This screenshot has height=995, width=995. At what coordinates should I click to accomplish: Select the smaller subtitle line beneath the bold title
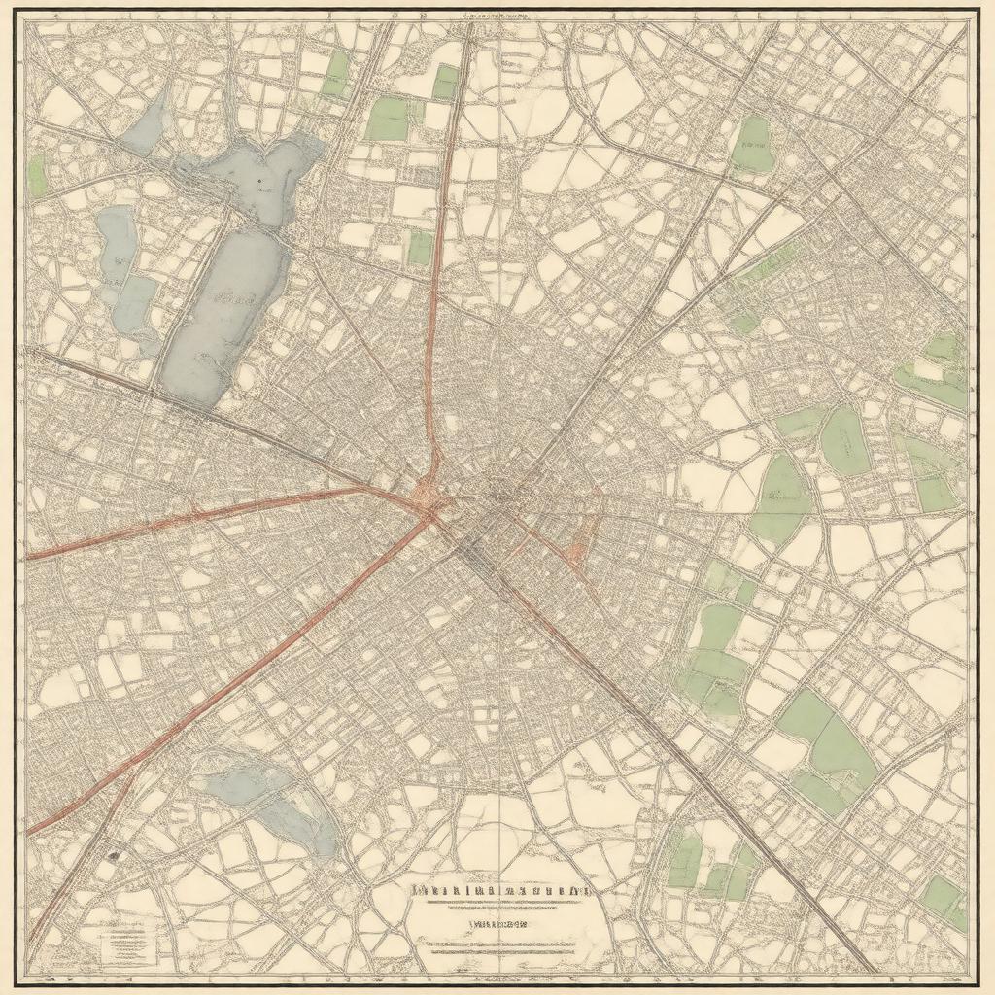(496, 925)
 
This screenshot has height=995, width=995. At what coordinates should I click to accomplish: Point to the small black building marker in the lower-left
(115, 856)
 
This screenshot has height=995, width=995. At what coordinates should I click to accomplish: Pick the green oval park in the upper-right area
(752, 144)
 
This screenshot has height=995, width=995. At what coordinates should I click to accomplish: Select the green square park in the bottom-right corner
(943, 899)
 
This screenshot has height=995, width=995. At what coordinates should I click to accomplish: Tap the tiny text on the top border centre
(497, 17)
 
